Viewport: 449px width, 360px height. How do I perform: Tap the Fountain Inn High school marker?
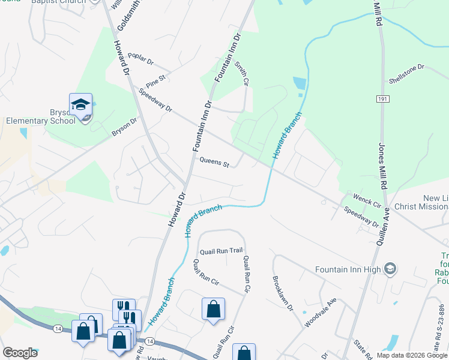click(x=390, y=268)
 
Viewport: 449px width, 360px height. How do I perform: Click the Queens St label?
click(x=214, y=163)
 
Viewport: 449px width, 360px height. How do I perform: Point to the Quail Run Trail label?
click(x=221, y=251)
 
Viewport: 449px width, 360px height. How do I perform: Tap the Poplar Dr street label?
click(x=141, y=59)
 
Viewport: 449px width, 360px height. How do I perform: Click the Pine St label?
click(x=155, y=80)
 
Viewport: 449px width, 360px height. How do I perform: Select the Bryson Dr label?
click(x=124, y=127)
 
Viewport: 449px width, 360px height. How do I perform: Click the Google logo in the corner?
click(x=20, y=353)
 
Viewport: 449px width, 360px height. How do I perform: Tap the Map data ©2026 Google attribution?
click(x=412, y=355)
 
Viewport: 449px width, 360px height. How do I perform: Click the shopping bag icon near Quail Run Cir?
click(x=213, y=310)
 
